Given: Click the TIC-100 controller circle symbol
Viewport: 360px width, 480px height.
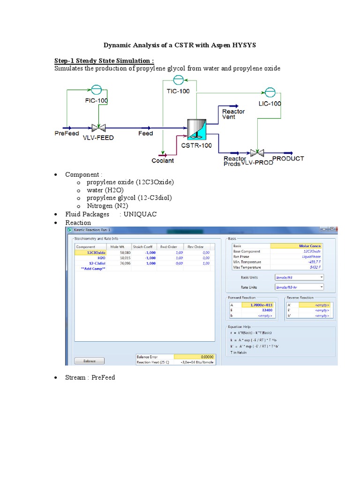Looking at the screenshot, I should click(x=179, y=80).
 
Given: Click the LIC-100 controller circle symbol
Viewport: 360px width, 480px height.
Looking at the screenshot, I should click(x=270, y=92).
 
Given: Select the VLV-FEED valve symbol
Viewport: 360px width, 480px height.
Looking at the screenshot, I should click(x=98, y=127).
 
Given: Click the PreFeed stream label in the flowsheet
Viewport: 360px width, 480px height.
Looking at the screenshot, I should click(x=67, y=134).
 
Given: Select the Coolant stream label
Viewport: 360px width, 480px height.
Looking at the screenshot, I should click(x=163, y=160).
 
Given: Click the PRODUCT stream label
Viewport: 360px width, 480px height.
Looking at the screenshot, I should click(x=288, y=158).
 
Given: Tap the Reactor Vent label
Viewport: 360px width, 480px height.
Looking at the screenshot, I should click(x=233, y=114).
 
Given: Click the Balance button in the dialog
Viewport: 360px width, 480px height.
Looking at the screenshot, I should click(x=89, y=361).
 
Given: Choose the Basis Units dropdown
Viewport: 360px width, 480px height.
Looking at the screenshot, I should click(x=299, y=277).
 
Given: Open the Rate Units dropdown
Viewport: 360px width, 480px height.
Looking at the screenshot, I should click(x=299, y=287).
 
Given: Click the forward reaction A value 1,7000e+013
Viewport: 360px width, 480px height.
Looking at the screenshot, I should click(x=257, y=305).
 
